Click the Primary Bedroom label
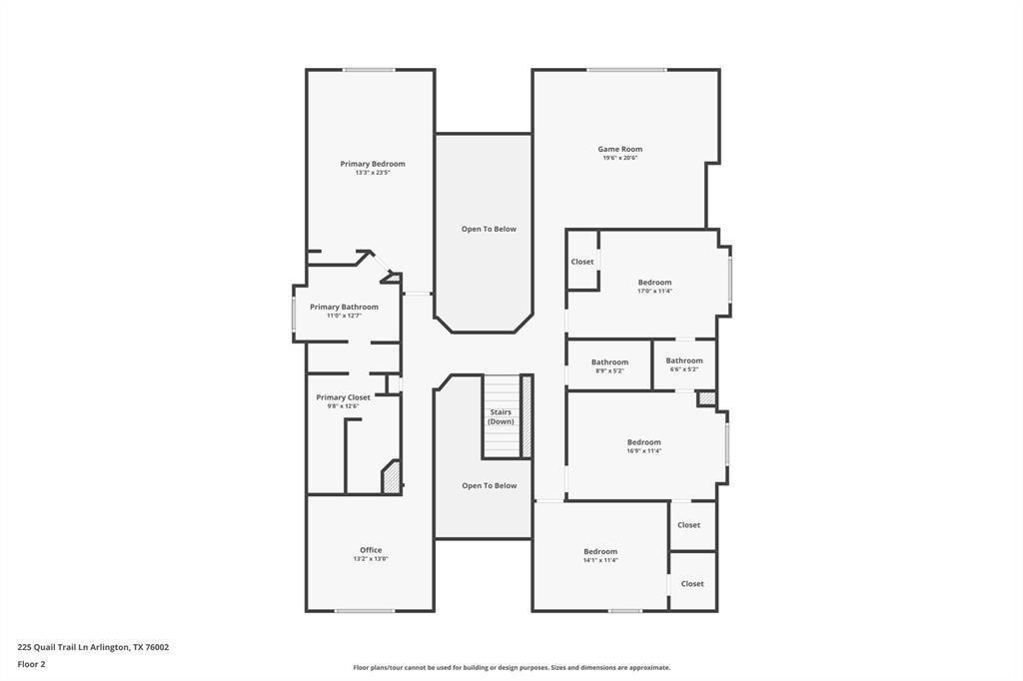point(373,164)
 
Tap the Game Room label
point(620,149)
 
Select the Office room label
point(371,550)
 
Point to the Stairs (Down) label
point(501,416)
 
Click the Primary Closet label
point(343,397)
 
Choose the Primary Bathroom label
point(344,307)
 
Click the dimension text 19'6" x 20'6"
point(620,158)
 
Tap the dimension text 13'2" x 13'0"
point(371,559)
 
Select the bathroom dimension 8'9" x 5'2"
point(609,370)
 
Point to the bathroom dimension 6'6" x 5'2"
point(684,369)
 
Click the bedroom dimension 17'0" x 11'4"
point(655,291)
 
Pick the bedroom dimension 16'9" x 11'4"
point(644,450)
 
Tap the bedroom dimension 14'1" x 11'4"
point(600,560)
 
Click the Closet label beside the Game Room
point(582,262)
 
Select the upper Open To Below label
point(489,229)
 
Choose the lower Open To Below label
point(490,485)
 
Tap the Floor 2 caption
point(31,664)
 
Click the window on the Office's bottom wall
point(365,611)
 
